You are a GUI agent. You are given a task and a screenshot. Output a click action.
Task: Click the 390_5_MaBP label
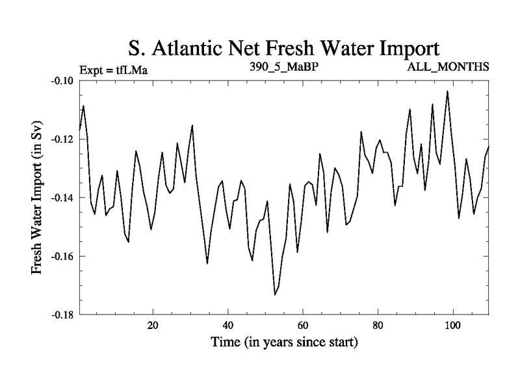283,67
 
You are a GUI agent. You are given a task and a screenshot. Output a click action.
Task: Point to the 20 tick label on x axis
153,326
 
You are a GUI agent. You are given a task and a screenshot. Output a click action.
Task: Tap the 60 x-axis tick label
303,326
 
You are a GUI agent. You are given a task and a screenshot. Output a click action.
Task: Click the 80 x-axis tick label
378,326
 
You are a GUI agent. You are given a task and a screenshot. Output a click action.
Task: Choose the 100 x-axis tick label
452,326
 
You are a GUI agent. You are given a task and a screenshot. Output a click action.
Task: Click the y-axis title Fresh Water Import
38,197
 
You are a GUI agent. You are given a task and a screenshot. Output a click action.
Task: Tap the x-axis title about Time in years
284,342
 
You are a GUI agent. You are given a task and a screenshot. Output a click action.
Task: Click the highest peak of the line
447,91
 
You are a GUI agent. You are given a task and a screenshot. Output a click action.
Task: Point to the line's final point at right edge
488,147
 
